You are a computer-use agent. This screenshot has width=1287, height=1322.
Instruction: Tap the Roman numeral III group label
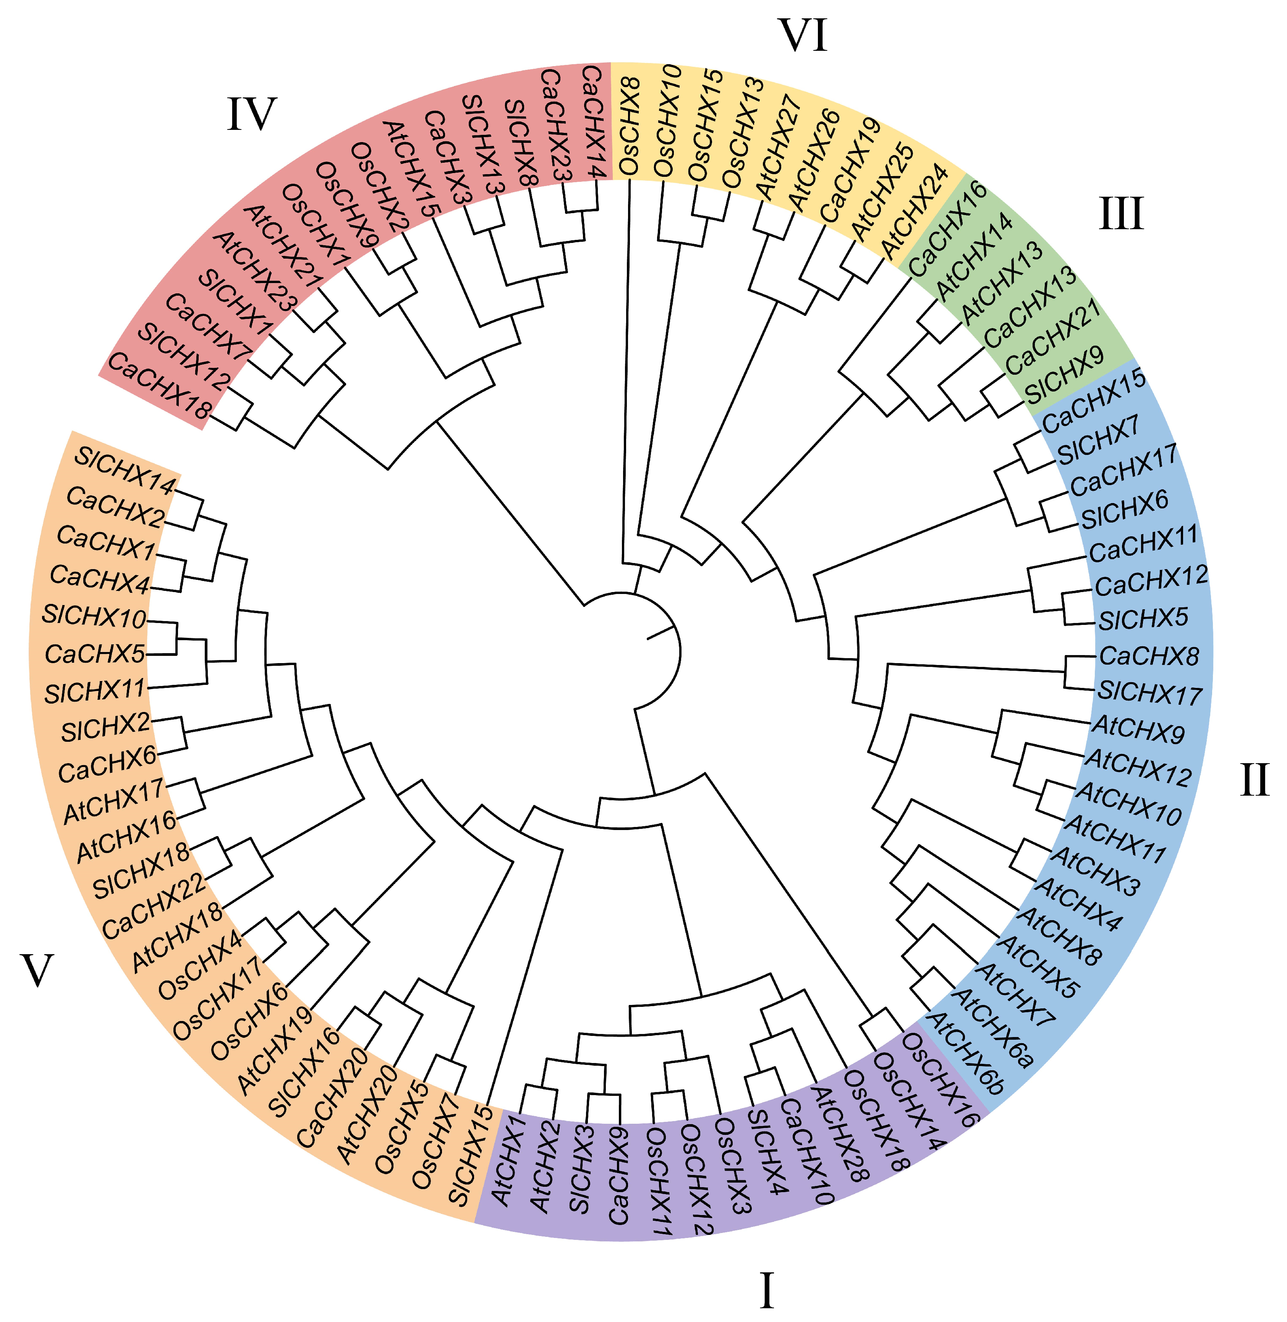pyautogui.click(x=1121, y=214)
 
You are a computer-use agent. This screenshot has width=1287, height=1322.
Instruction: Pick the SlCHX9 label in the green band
pyautogui.click(x=1065, y=375)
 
